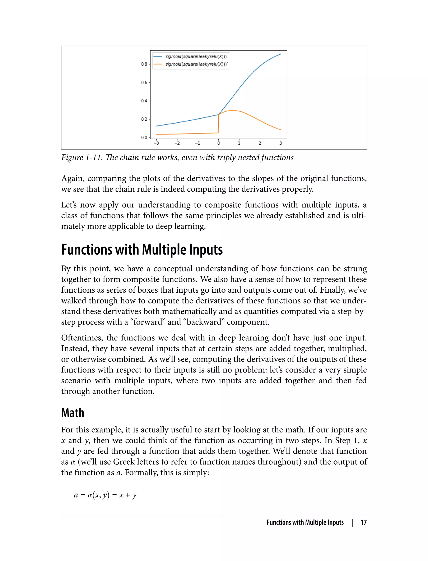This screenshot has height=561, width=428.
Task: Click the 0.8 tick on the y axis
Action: click(144, 64)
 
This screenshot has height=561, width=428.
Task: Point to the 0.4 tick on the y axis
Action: click(144, 101)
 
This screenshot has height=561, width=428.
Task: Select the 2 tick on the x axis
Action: click(260, 143)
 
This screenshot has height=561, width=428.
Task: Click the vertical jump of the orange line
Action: click(218, 124)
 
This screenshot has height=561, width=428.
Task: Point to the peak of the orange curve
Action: click(232, 110)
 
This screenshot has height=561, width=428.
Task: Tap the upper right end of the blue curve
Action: click(280, 54)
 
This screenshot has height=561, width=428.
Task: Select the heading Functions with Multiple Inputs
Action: click(142, 250)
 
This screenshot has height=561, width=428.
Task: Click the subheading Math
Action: click(73, 413)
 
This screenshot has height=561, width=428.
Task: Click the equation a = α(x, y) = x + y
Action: click(105, 495)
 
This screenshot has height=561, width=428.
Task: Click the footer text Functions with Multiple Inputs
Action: click(305, 522)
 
